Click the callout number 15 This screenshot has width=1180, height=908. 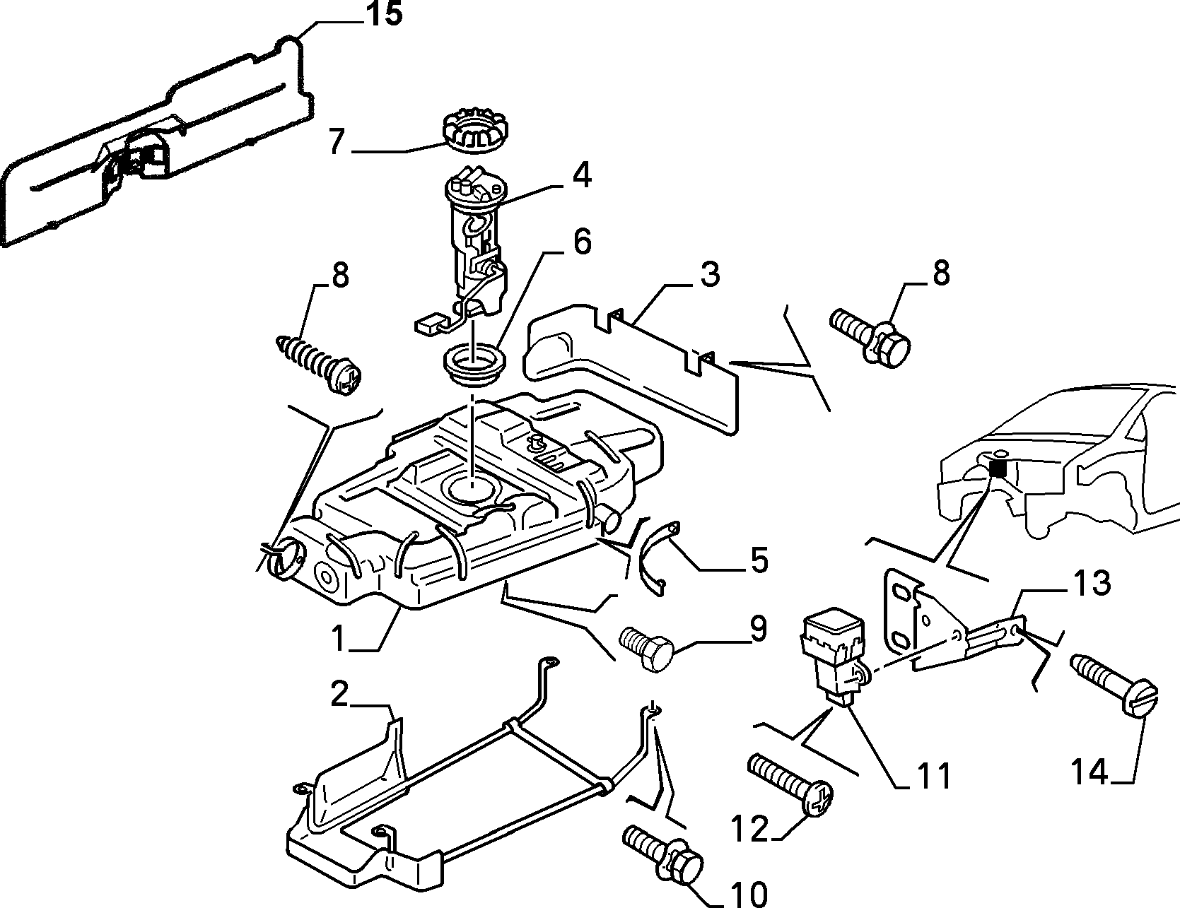[x=383, y=14]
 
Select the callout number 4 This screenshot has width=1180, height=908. [x=581, y=176]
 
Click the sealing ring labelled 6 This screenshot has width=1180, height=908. [x=473, y=365]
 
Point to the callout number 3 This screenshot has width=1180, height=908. [x=709, y=274]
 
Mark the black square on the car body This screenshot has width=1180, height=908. [x=998, y=468]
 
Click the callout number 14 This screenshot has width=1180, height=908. [x=1090, y=772]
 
